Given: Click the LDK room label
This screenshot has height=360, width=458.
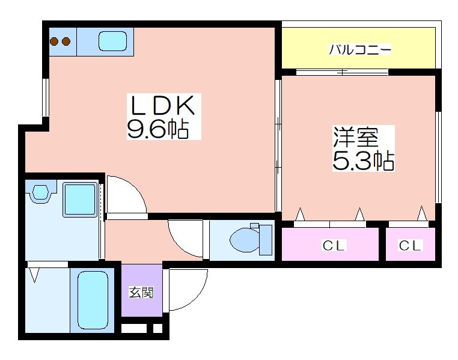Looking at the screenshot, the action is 162,105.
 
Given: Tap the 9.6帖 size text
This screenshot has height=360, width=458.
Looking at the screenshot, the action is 157,129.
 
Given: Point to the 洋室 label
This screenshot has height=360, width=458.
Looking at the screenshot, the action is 356,136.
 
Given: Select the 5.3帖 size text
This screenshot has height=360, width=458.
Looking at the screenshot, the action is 364,160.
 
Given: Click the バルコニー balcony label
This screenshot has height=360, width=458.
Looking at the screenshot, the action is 360,49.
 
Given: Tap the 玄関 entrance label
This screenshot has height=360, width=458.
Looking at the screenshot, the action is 141,292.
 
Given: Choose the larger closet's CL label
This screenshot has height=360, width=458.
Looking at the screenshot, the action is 334,245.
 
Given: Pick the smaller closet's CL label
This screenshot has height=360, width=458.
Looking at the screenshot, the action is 411,245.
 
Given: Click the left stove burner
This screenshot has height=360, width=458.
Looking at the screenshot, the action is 54,41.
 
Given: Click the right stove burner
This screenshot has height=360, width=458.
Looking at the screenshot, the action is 66,41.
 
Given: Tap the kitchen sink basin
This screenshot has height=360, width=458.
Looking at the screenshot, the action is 112,41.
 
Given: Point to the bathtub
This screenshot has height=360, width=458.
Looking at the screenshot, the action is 93,300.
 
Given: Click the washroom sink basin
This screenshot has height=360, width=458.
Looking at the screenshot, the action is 40,192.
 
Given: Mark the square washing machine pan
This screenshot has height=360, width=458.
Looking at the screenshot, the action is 80,200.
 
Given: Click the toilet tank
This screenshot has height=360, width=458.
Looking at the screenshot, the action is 266,240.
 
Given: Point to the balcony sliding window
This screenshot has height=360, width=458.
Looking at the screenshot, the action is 342,72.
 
